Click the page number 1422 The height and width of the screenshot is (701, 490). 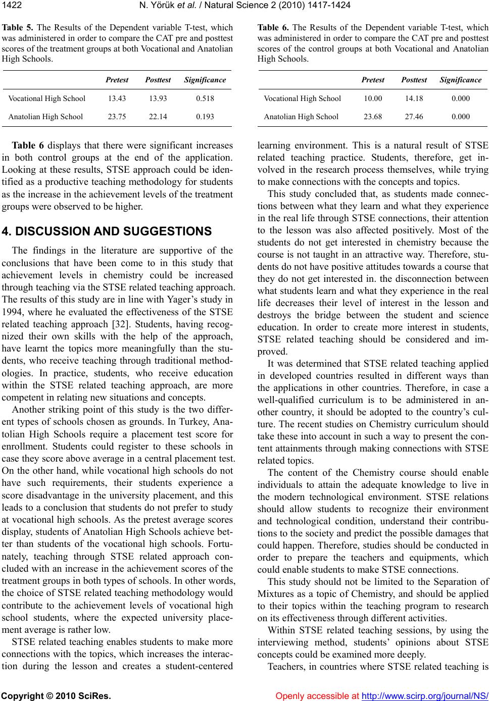11,6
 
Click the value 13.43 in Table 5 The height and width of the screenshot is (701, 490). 117,98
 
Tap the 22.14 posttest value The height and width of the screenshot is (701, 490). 158,117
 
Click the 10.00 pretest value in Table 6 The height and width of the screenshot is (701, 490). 373,98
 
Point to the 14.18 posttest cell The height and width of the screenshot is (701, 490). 414,98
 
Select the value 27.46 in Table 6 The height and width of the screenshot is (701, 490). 414,117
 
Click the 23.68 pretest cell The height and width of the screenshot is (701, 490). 373,117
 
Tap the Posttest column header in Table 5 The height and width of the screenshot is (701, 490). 158,80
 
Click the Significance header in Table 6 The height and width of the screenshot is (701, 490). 460,80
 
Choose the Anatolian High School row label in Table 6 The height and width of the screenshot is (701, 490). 301,117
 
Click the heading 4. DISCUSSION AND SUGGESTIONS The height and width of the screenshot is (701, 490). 107,232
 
